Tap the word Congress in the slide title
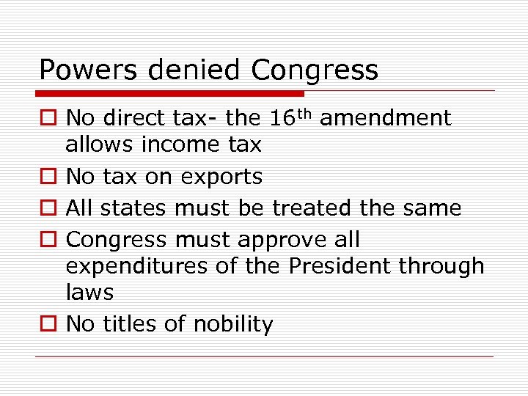point(315,71)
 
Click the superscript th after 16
point(308,113)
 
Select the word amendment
point(386,118)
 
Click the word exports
point(223,177)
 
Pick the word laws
point(89,293)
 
